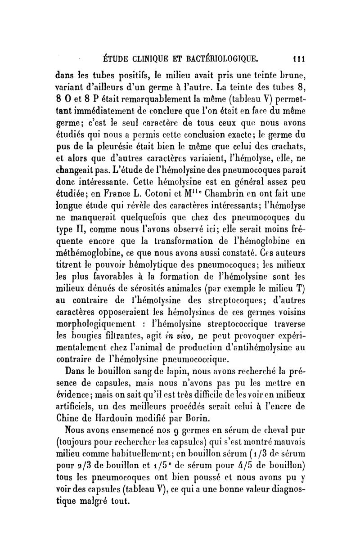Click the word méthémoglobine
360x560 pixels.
(85, 260)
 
